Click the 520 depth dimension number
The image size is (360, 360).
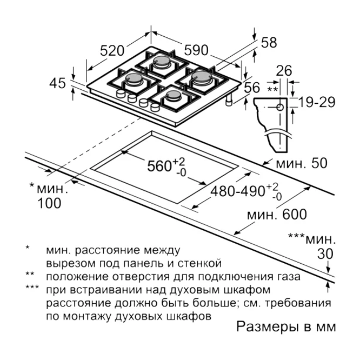click(x=112, y=50)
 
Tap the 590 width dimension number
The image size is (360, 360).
click(x=196, y=50)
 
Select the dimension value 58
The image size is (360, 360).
click(x=269, y=43)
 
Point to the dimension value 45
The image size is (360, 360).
click(x=57, y=83)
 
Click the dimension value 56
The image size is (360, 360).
click(x=252, y=88)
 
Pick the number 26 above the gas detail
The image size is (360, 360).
click(x=284, y=71)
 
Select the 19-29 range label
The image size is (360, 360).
click(x=317, y=102)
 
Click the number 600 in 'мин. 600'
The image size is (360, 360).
click(x=295, y=215)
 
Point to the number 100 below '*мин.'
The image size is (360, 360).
click(x=49, y=203)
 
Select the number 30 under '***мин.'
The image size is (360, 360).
click(x=325, y=254)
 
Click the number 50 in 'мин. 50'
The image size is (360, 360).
click(x=319, y=163)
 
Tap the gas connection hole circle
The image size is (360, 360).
click(x=280, y=107)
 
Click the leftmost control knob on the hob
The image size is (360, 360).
click(x=121, y=94)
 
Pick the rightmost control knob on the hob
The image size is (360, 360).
click(x=155, y=107)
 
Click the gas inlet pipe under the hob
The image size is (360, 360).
click(x=229, y=100)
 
